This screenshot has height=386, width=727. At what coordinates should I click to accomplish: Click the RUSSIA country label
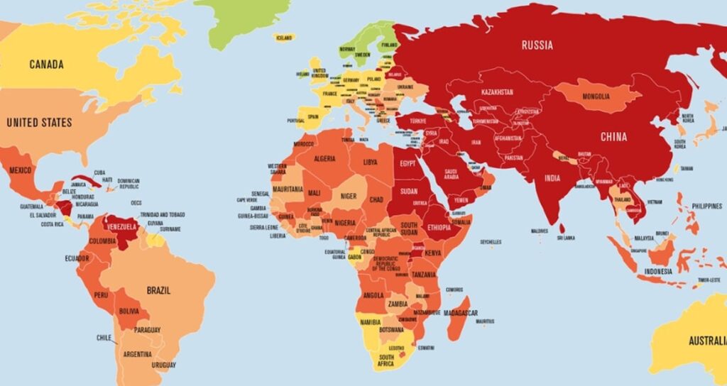(x=537, y=45)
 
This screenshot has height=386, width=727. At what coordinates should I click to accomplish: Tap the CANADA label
(x=46, y=65)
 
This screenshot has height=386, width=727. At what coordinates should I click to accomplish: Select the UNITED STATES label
(x=39, y=123)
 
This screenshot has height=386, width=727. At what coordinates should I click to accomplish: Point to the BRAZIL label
(x=158, y=291)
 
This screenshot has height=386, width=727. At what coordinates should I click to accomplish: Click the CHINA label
(x=613, y=136)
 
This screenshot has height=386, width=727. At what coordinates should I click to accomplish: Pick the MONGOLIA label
(x=595, y=96)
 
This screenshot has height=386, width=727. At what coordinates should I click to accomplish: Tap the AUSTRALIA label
(x=707, y=341)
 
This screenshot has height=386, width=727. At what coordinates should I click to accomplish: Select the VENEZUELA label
(x=120, y=226)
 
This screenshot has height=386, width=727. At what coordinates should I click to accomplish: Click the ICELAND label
(x=284, y=38)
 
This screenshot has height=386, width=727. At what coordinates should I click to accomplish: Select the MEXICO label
(x=20, y=171)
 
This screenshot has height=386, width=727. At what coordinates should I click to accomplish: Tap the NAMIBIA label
(x=370, y=322)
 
